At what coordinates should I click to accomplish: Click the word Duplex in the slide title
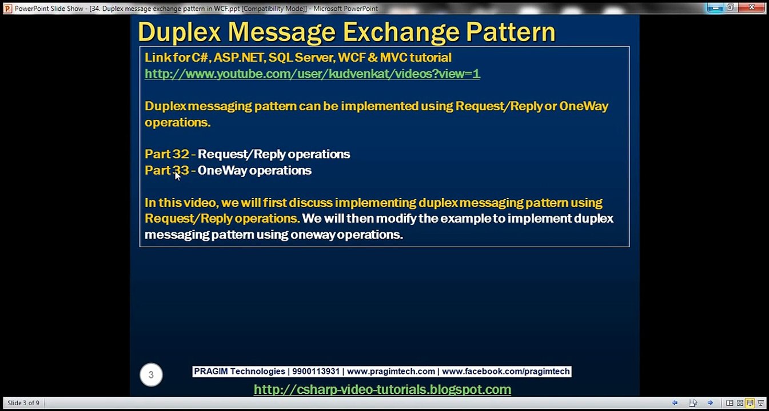click(x=179, y=32)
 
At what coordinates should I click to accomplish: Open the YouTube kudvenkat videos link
click(x=312, y=74)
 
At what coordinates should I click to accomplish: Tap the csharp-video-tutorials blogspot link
click(x=382, y=389)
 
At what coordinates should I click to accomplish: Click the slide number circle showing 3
click(x=151, y=374)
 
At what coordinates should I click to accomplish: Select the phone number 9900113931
click(x=316, y=371)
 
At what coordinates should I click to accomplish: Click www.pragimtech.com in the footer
click(x=391, y=371)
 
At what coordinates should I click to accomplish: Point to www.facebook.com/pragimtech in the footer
click(x=505, y=371)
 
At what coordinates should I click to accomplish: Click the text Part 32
click(x=167, y=154)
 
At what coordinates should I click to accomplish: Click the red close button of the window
click(x=751, y=7)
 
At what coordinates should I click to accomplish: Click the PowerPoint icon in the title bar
click(x=7, y=8)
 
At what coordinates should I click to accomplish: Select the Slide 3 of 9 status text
click(x=23, y=403)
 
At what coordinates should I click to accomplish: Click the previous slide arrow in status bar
click(x=675, y=403)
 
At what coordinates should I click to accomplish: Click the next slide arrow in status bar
click(x=710, y=403)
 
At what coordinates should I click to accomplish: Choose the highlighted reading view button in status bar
click(x=750, y=403)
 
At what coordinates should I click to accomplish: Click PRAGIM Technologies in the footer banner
click(x=240, y=371)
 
